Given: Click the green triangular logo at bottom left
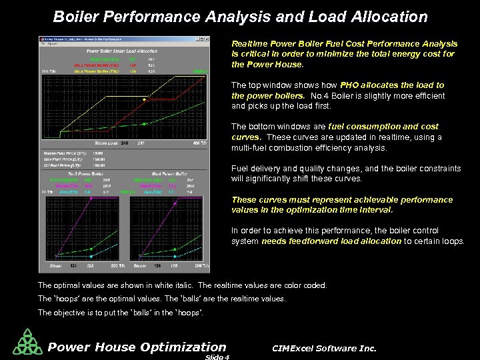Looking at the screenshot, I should pos(27,342).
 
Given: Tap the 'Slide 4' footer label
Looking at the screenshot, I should pos(217,357).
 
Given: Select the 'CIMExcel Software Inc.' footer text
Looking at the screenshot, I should pos(325,348).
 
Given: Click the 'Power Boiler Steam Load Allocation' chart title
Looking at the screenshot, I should pos(121,51).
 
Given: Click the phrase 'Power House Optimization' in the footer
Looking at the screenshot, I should pos(137,347).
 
